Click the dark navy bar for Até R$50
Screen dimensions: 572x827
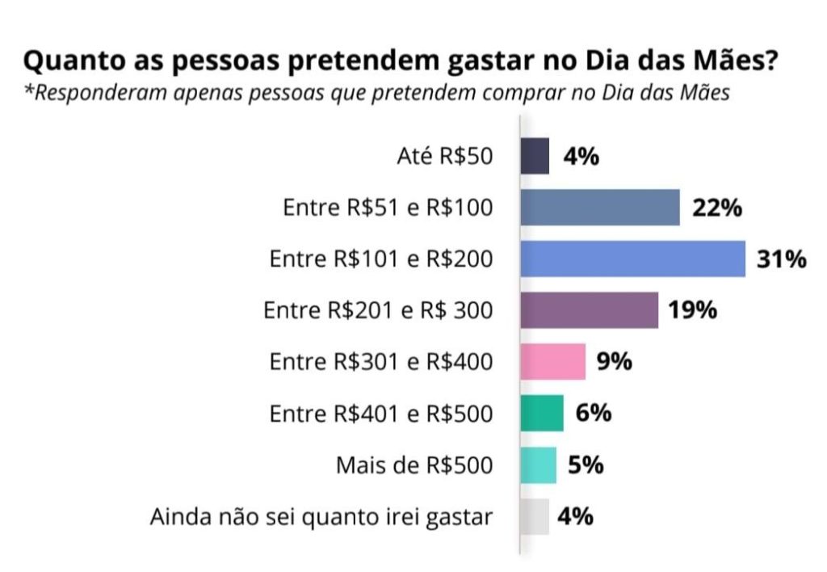(535, 157)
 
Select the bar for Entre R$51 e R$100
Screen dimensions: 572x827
(600, 208)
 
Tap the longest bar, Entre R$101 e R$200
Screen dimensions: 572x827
(632, 259)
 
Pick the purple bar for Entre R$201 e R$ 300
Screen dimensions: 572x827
(589, 310)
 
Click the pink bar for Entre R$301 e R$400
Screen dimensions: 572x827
(552, 362)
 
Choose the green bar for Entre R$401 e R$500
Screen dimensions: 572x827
(541, 414)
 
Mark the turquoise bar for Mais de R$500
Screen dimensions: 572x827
(538, 465)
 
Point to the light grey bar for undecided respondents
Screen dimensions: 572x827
(535, 516)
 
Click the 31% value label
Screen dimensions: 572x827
(781, 259)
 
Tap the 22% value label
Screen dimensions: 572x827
(716, 208)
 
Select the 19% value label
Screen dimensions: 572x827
(693, 310)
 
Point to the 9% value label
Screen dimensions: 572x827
(614, 362)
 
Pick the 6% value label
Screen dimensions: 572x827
(594, 414)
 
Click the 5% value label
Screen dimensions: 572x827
(586, 465)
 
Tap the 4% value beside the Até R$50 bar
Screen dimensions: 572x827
(581, 157)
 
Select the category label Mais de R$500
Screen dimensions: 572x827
(413, 466)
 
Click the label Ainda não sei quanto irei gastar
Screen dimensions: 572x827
(321, 517)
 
